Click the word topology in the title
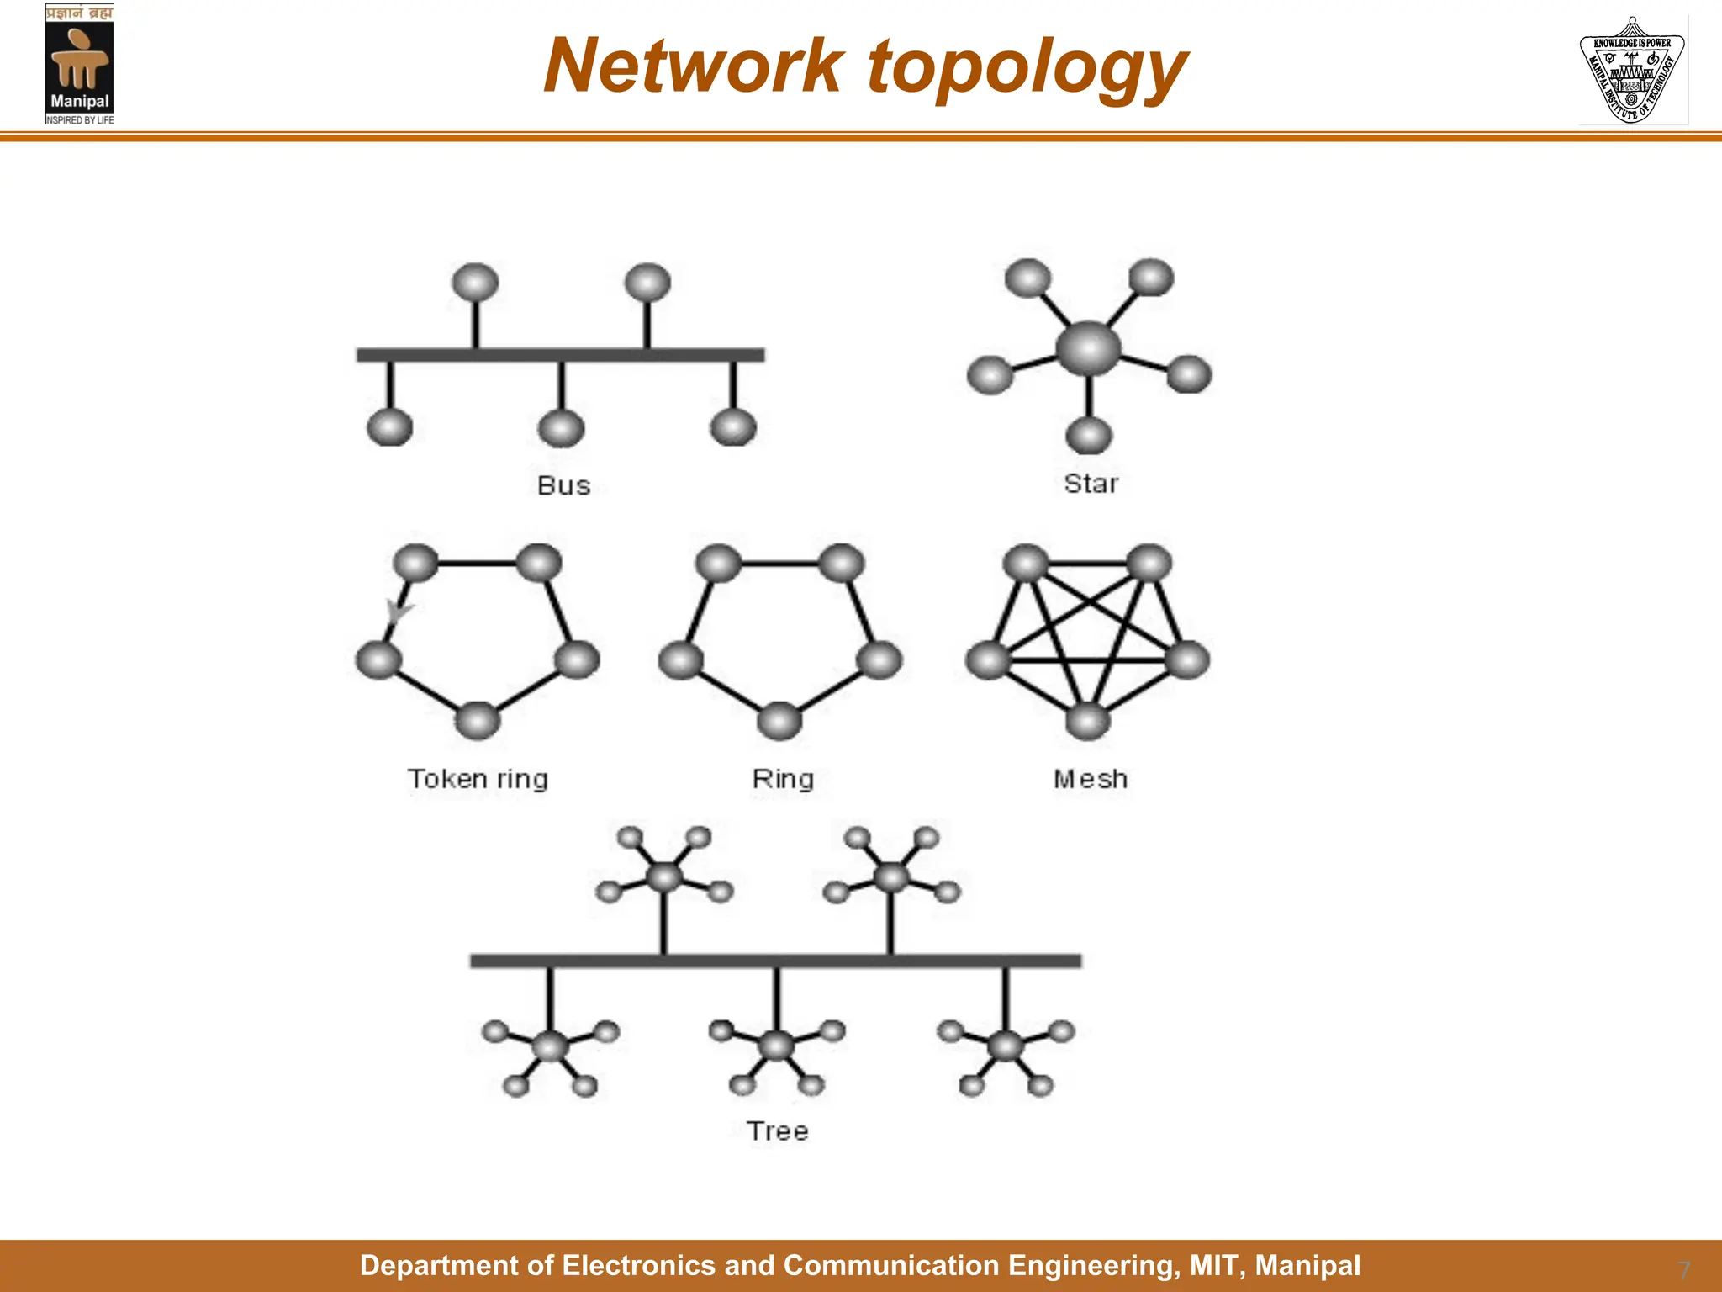[x=1027, y=69]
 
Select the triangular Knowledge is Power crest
[x=1632, y=71]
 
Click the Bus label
[x=563, y=485]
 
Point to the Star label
[x=1091, y=484]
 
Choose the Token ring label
[x=478, y=779]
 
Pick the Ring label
[x=783, y=779]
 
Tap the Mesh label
[x=1090, y=779]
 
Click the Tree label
[x=777, y=1130]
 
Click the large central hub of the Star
[x=1089, y=348]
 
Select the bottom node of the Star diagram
[x=1089, y=436]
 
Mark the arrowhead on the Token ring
[x=396, y=610]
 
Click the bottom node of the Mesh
[x=1088, y=721]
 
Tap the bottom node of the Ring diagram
[x=779, y=721]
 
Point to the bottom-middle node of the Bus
[x=561, y=429]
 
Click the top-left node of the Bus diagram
[x=475, y=282]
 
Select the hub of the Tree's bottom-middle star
[x=776, y=1046]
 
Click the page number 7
[x=1683, y=1269]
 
